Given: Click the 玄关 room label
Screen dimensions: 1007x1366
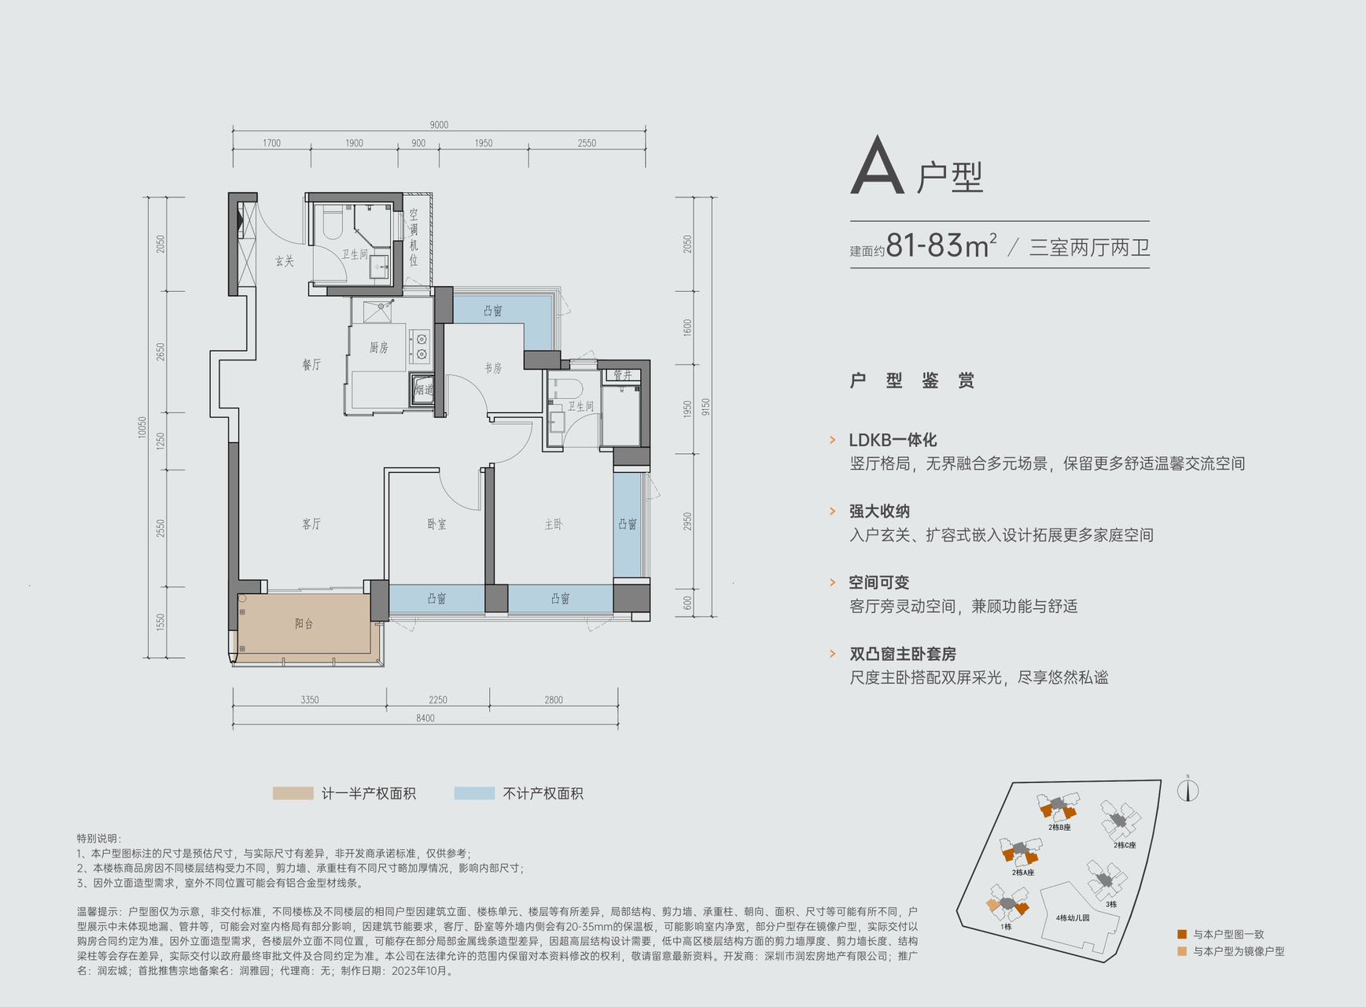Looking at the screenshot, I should tap(284, 260).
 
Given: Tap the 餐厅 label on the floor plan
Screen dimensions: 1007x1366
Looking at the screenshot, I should tap(311, 364).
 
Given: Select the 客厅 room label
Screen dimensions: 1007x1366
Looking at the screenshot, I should tap(311, 523).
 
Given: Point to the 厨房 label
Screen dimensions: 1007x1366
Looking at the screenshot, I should tap(378, 347).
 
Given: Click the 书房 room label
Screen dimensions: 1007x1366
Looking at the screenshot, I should tap(493, 367).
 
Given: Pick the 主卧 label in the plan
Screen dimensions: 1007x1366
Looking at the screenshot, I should tap(554, 524).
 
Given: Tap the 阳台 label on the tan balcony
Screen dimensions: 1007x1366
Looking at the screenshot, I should tap(304, 623).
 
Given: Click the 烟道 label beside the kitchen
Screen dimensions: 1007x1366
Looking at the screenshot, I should tap(423, 389).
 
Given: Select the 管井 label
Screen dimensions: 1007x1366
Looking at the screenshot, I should tap(623, 374).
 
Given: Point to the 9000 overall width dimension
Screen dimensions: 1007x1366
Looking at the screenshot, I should tap(439, 124).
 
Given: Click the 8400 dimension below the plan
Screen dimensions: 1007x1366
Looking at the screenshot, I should tap(425, 717).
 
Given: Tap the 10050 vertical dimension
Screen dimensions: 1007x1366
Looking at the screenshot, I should tap(142, 427).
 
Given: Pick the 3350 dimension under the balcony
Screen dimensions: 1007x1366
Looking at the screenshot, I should tap(309, 699).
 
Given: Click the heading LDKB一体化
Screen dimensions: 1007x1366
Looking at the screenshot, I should tap(893, 440).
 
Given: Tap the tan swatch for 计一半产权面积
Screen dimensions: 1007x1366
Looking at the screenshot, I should tap(293, 793).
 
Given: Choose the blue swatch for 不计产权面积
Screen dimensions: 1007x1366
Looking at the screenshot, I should tap(474, 793).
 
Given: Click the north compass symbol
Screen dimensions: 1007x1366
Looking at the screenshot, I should tap(1187, 789).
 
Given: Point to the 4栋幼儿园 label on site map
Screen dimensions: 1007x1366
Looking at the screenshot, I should tap(1073, 917).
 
